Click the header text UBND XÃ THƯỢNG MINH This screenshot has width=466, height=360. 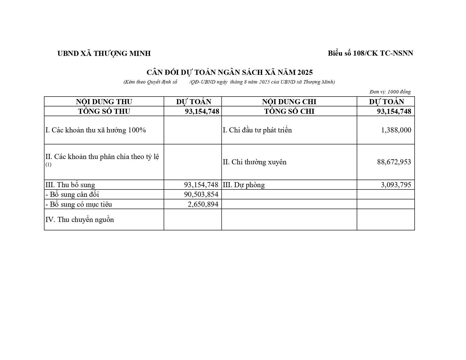[x=104, y=53]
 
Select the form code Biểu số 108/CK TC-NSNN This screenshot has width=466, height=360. [x=370, y=53]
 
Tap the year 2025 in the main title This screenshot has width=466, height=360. [x=305, y=73]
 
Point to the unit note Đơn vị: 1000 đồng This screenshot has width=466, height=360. [x=390, y=92]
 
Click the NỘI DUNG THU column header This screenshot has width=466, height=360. [x=104, y=102]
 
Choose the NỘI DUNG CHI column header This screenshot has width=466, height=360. [x=289, y=102]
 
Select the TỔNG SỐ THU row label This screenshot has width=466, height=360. [x=104, y=111]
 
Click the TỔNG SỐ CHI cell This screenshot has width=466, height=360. [x=289, y=111]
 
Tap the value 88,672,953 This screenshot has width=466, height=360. [x=394, y=162]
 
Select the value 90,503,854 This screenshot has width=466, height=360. [x=201, y=195]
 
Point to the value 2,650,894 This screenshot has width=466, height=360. [x=203, y=204]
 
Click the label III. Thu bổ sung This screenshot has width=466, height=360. [x=70, y=185]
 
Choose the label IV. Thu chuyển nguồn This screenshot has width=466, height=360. [x=80, y=220]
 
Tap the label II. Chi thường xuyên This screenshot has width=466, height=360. [x=254, y=162]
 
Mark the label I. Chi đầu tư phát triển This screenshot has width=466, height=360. [x=257, y=130]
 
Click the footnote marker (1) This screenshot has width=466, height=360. [x=49, y=165]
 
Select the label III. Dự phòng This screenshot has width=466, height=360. [x=244, y=185]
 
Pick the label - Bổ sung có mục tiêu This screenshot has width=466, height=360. [x=79, y=204]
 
